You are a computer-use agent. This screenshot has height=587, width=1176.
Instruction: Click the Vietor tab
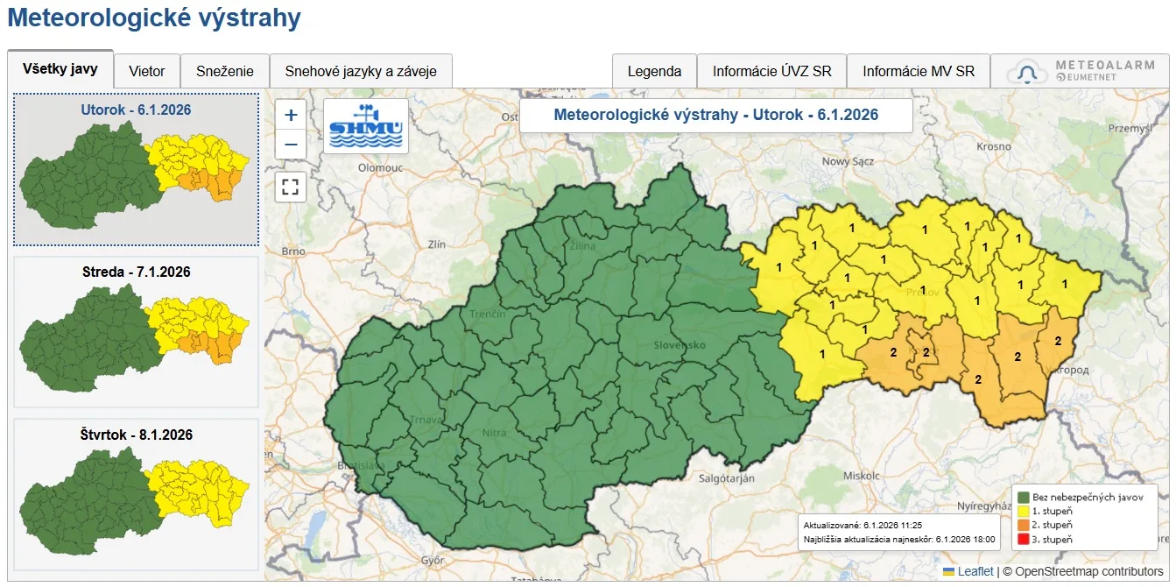pyautogui.click(x=147, y=72)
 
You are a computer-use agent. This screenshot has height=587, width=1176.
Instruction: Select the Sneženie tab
pyautogui.click(x=225, y=72)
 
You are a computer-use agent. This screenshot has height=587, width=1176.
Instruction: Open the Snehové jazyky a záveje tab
pyautogui.click(x=361, y=72)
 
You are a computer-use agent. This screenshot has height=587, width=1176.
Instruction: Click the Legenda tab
pyautogui.click(x=654, y=72)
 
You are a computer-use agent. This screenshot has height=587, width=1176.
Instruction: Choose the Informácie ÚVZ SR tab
pyautogui.click(x=771, y=72)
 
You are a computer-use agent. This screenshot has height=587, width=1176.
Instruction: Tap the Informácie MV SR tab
pyautogui.click(x=919, y=72)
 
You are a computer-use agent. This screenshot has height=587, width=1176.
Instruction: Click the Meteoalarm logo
pyautogui.click(x=1080, y=72)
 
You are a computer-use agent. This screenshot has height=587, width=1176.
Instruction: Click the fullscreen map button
pyautogui.click(x=291, y=187)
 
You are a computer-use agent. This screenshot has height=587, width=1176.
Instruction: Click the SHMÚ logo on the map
pyautogui.click(x=366, y=126)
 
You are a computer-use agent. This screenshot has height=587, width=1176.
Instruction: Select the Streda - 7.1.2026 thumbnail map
pyautogui.click(x=136, y=332)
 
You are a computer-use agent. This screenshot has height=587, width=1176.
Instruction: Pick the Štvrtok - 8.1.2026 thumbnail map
pyautogui.click(x=136, y=495)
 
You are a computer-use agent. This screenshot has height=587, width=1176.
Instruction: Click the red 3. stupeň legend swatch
pyautogui.click(x=1022, y=540)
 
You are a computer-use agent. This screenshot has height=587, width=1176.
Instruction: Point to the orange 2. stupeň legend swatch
pyautogui.click(x=1022, y=525)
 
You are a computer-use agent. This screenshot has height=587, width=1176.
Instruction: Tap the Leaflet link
pyautogui.click(x=975, y=571)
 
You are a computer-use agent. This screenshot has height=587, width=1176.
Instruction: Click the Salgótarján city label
pyautogui.click(x=726, y=478)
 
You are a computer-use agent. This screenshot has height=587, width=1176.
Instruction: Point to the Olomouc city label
pyautogui.click(x=379, y=166)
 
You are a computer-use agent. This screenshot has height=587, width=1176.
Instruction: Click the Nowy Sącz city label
pyautogui.click(x=849, y=161)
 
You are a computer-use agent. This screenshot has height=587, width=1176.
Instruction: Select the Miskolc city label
pyautogui.click(x=859, y=475)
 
